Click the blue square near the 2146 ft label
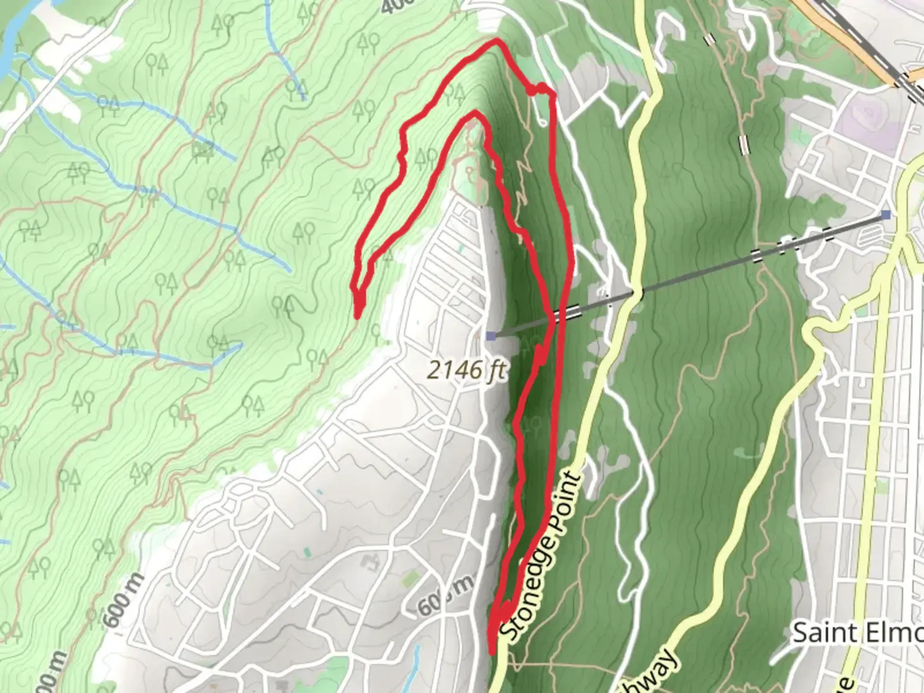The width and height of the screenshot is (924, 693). pos(491,336)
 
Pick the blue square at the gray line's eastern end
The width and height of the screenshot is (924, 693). pos(886,214)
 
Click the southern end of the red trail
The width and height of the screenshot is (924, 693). pos(493,651)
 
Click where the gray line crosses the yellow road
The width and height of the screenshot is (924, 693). pos(635,294)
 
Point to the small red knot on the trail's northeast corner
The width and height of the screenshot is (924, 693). pos(533,91)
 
